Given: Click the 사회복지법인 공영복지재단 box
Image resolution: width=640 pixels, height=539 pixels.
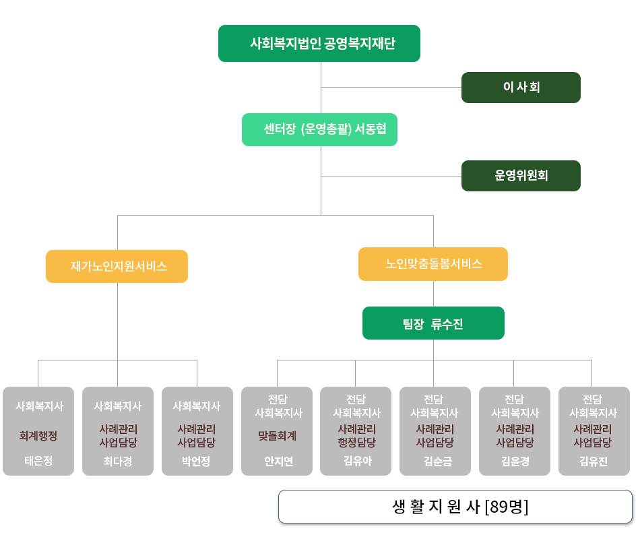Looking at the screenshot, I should pyautogui.click(x=319, y=44).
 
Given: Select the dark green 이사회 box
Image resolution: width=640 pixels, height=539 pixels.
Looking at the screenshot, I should pyautogui.click(x=521, y=88).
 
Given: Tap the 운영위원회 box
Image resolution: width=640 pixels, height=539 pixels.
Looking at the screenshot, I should pyautogui.click(x=521, y=176).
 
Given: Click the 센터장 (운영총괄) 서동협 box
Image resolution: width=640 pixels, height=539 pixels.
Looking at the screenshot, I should pyautogui.click(x=319, y=129).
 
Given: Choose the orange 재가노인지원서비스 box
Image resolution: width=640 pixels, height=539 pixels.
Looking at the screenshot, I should pyautogui.click(x=117, y=266).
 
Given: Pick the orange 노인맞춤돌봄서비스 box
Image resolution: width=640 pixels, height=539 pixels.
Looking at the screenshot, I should pyautogui.click(x=433, y=264).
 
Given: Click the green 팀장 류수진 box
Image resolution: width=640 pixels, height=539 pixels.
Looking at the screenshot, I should pyautogui.click(x=433, y=323).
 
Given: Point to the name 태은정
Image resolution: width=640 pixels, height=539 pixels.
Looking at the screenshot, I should pyautogui.click(x=38, y=461).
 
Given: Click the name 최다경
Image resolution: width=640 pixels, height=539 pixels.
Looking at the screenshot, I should pyautogui.click(x=117, y=462).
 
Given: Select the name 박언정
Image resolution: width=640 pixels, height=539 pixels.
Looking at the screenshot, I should pyautogui.click(x=197, y=462).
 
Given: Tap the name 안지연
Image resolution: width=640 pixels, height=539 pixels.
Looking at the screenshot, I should pyautogui.click(x=277, y=462).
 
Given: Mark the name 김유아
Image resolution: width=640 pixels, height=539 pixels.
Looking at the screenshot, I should pyautogui.click(x=356, y=462).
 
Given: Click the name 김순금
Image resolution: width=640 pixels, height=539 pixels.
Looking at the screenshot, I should pyautogui.click(x=435, y=462).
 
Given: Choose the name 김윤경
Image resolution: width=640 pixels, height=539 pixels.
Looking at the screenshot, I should pyautogui.click(x=515, y=462).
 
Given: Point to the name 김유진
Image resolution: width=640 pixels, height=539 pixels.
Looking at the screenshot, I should pyautogui.click(x=594, y=462).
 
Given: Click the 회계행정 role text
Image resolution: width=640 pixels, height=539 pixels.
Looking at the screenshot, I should pyautogui.click(x=38, y=436).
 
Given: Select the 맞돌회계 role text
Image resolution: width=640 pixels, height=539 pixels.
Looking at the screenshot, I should pyautogui.click(x=277, y=436).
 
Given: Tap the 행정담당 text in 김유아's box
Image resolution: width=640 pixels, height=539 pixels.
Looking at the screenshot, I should pyautogui.click(x=356, y=442).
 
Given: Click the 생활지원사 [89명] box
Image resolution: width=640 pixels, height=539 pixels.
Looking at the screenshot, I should pyautogui.click(x=455, y=507).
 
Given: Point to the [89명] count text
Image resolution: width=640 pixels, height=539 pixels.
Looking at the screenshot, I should pyautogui.click(x=507, y=507).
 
